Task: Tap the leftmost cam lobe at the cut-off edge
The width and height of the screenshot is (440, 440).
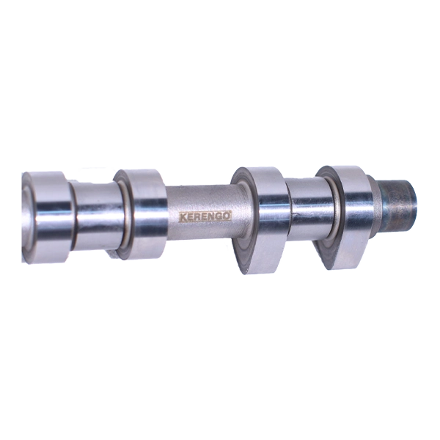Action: point(46,217)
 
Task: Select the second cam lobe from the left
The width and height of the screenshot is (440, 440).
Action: point(140,215)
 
